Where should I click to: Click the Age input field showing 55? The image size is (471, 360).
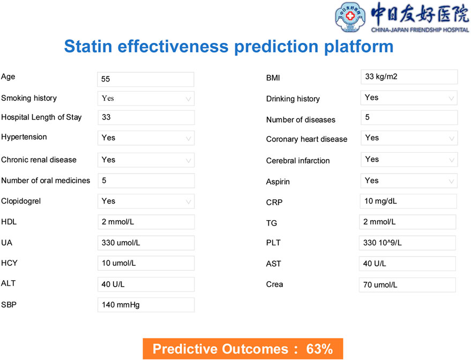tap(146, 79)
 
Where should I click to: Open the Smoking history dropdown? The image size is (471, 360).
tap(146, 99)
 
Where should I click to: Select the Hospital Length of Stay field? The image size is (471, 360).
tap(146, 117)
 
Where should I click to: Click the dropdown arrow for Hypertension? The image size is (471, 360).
tap(188, 138)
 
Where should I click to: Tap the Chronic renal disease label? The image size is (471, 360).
tap(39, 160)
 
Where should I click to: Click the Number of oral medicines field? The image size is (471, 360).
tap(146, 181)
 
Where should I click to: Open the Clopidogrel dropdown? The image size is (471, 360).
tap(146, 201)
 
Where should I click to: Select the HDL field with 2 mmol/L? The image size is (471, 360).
tap(146, 222)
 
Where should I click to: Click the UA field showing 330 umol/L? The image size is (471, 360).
tap(146, 243)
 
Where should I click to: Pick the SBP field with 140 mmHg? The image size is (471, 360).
tap(146, 305)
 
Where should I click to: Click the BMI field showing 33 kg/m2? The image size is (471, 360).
tap(409, 77)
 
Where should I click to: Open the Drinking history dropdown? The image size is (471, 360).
tap(409, 98)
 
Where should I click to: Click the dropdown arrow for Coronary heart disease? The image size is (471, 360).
tap(452, 138)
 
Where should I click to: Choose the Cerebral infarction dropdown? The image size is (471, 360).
tap(409, 160)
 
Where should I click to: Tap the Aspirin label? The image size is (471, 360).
tap(278, 182)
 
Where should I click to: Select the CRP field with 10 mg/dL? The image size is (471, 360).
tap(408, 201)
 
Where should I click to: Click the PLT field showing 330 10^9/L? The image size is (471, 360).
tap(407, 243)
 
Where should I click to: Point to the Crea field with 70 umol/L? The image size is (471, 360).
tap(407, 285)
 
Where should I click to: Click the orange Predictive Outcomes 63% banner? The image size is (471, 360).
tap(243, 349)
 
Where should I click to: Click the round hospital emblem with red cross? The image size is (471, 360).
tap(350, 17)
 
